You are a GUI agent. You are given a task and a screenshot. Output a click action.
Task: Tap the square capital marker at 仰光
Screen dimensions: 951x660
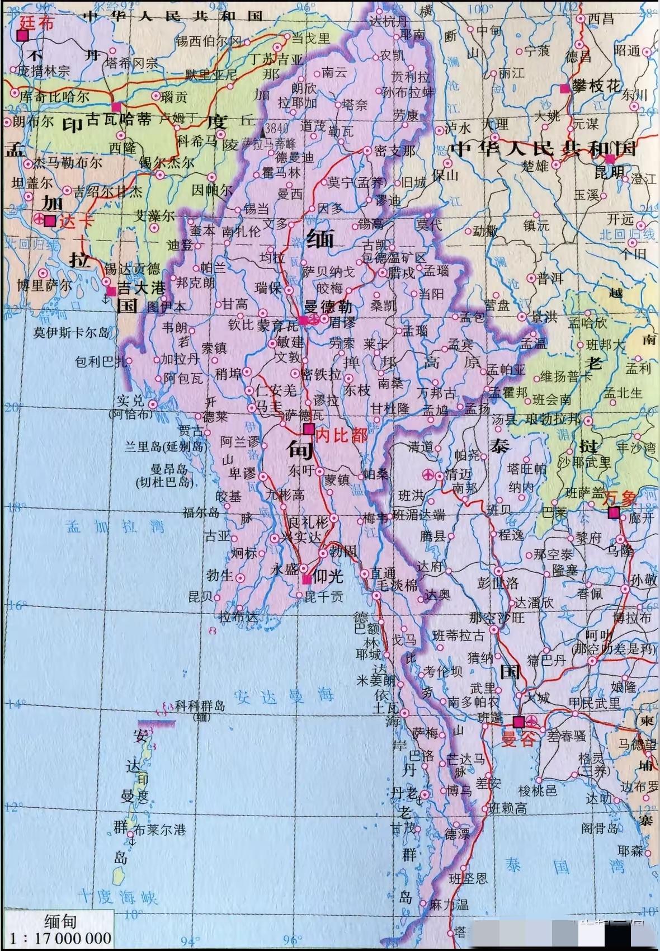coord(306,579)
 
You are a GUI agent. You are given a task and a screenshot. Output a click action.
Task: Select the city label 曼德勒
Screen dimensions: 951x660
coord(328,308)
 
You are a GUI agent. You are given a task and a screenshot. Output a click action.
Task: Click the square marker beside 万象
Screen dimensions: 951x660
coord(614,512)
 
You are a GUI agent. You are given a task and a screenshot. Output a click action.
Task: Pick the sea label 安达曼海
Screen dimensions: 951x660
coord(284,696)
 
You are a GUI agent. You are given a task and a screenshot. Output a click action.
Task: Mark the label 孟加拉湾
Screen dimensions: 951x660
coord(115,526)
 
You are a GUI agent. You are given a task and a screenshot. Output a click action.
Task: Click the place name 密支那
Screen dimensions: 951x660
coord(395,150)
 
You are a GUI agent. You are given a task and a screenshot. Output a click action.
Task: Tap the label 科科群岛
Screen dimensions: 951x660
coord(199,706)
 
